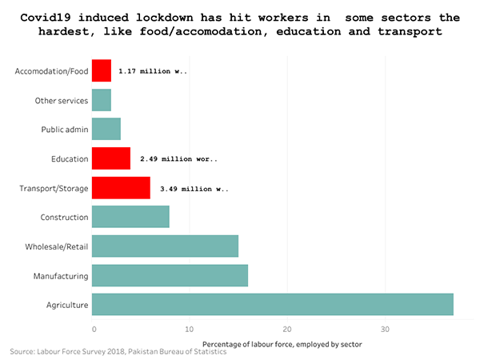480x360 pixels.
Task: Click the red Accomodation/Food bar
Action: point(102,71)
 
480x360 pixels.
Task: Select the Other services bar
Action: point(102,100)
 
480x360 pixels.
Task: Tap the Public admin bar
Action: point(106,129)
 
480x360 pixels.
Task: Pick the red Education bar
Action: point(111,158)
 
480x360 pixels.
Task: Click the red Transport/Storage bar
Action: point(121,188)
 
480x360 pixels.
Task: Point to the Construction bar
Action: point(130,217)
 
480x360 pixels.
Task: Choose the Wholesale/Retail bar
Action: point(165,246)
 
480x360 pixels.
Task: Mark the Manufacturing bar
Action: point(170,275)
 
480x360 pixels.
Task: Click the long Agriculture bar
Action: point(273,304)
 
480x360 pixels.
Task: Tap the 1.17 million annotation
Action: point(153,71)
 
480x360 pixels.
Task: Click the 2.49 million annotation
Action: point(178,158)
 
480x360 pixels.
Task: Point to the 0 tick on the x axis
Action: point(94,330)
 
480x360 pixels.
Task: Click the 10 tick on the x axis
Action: point(189,330)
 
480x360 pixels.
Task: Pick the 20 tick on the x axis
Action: point(287,330)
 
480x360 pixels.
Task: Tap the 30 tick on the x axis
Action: point(385,330)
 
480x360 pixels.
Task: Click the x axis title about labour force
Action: point(277,344)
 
